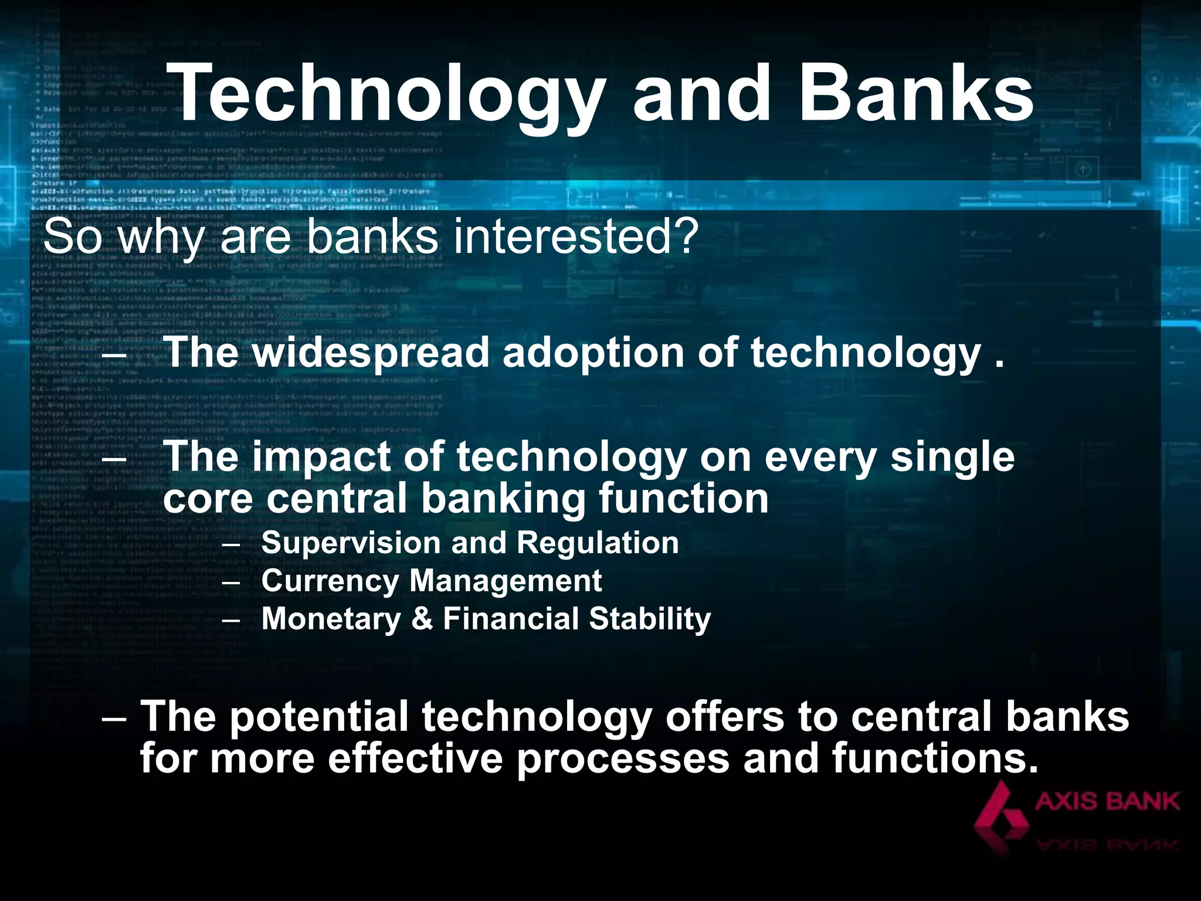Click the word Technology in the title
click(x=387, y=94)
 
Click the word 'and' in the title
click(x=701, y=94)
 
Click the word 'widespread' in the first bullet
click(x=371, y=353)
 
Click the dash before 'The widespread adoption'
click(x=114, y=353)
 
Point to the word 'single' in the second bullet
click(x=952, y=457)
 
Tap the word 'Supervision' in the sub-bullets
click(x=350, y=543)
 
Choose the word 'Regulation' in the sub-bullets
click(x=598, y=543)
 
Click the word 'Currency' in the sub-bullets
click(x=330, y=581)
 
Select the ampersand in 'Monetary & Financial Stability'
click(x=422, y=619)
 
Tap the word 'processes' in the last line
click(x=623, y=758)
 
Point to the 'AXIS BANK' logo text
click(x=1107, y=801)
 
